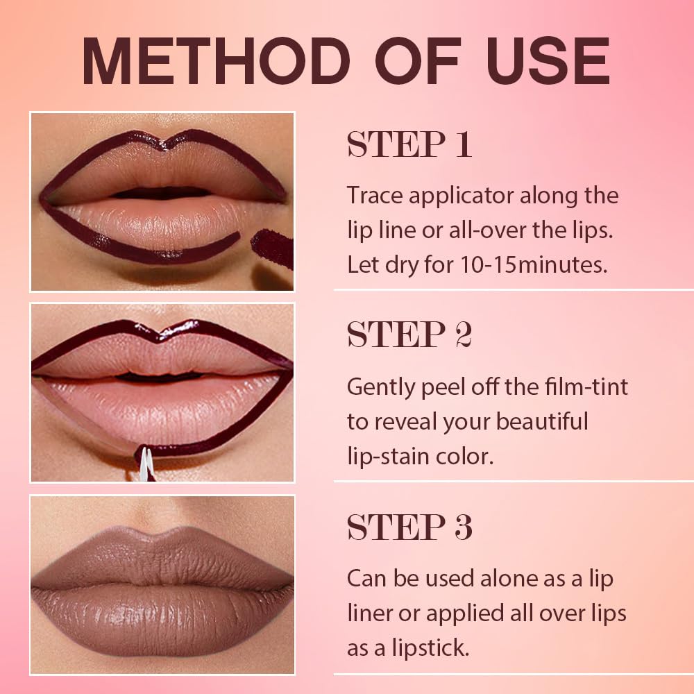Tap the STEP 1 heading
point(409,145)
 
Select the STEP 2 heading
point(409,335)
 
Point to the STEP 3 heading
point(409,528)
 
